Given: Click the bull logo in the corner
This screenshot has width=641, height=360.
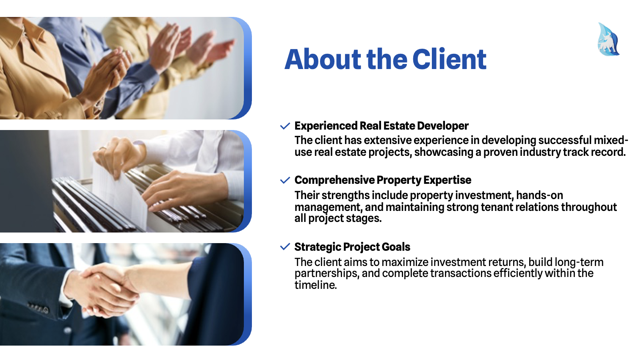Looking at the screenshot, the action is click(x=608, y=39).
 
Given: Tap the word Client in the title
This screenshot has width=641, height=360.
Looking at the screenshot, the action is click(x=449, y=59).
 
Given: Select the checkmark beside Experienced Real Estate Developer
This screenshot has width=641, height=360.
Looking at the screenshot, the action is click(x=285, y=126).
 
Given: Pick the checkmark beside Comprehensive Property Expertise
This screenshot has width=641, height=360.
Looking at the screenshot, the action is click(x=285, y=180).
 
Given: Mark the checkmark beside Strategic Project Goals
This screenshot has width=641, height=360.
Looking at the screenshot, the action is click(x=285, y=246).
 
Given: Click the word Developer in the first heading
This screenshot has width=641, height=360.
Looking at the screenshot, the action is click(x=443, y=126).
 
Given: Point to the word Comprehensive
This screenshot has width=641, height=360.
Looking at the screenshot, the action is click(x=334, y=180).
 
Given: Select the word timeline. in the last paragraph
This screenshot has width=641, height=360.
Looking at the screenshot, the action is click(x=316, y=285).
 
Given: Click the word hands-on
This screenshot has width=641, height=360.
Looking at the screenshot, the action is click(x=540, y=195).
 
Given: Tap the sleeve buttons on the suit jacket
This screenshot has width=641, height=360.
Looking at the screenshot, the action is click(x=39, y=307).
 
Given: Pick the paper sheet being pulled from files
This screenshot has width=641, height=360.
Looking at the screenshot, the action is click(x=120, y=194).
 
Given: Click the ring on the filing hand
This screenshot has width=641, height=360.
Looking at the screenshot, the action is click(x=102, y=148).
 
